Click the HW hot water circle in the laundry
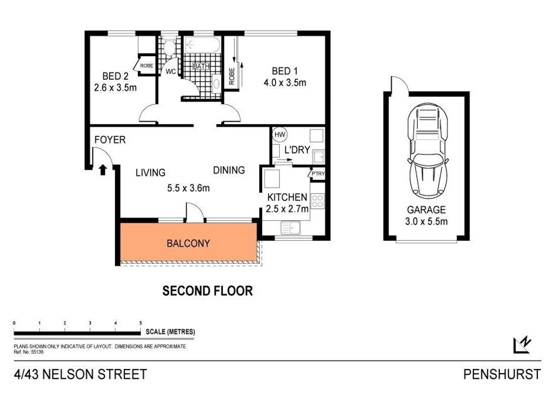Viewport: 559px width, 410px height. click(x=280, y=135)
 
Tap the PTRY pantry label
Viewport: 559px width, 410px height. click(x=318, y=174)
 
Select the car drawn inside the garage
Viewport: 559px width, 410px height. click(x=427, y=151)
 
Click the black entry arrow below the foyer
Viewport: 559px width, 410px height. click(x=102, y=170)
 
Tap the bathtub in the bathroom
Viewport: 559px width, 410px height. click(x=202, y=45)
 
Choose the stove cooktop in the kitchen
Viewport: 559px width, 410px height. click(x=318, y=201)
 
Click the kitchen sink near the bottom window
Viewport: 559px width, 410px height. click(x=291, y=228)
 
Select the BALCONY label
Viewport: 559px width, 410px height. click(x=188, y=243)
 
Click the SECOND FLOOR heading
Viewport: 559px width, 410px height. click(x=207, y=291)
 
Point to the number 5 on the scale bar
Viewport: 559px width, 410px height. click(x=141, y=323)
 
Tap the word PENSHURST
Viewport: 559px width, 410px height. click(x=502, y=374)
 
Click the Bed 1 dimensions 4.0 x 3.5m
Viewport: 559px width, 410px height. click(x=285, y=83)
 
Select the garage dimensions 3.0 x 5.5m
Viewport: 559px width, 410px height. click(x=427, y=222)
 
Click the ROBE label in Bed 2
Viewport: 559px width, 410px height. click(x=147, y=66)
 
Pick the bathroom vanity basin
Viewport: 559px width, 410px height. click(x=216, y=84)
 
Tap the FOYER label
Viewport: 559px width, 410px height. click(x=110, y=140)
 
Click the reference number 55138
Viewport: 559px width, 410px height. click(x=37, y=352)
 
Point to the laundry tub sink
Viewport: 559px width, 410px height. click(x=319, y=157)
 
